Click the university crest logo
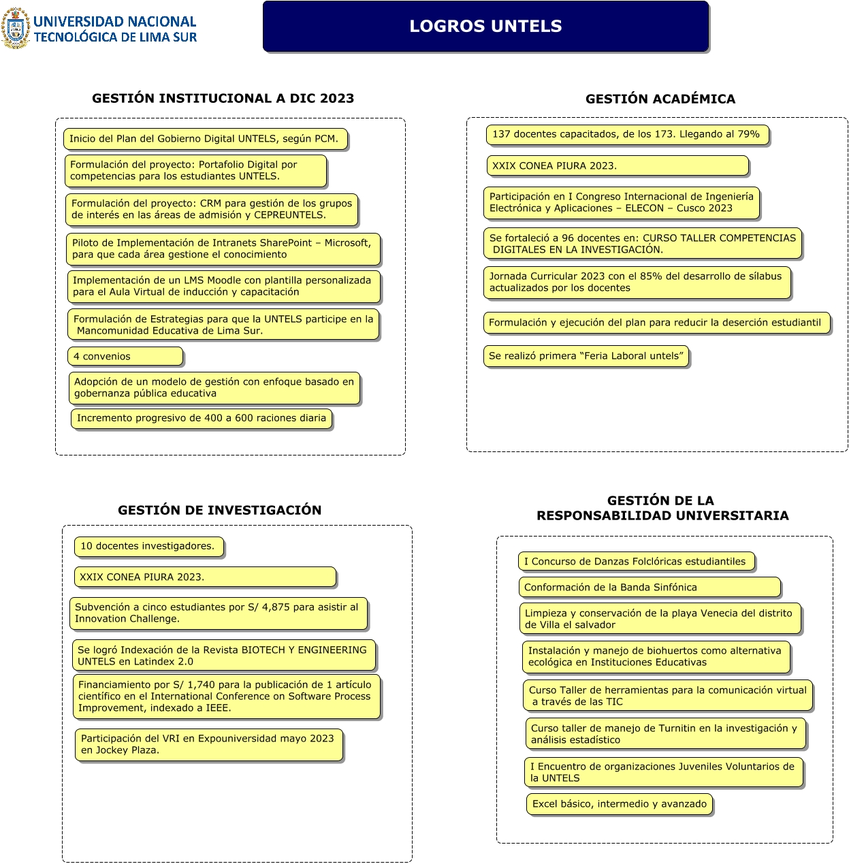tap(16, 29)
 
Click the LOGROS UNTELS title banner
tap(485, 27)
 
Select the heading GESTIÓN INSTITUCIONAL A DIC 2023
tap(223, 99)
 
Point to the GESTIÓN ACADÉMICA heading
tap(660, 99)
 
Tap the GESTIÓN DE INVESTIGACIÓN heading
tap(219, 510)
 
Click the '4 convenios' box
tap(125, 356)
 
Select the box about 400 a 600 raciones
tap(201, 418)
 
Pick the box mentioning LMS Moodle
tap(223, 286)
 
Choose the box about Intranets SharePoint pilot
tap(223, 249)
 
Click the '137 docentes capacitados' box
tap(627, 134)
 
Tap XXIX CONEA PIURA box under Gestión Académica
tap(617, 165)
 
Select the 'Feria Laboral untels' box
tap(586, 356)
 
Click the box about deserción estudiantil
tap(656, 323)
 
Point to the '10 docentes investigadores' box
tap(148, 546)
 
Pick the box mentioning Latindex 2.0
tap(223, 655)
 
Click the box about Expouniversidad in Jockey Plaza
tap(208, 744)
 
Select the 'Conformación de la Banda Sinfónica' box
tap(649, 587)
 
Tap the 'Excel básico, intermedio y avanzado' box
tap(620, 804)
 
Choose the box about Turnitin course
tap(665, 734)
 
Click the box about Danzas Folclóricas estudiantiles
tap(636, 562)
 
